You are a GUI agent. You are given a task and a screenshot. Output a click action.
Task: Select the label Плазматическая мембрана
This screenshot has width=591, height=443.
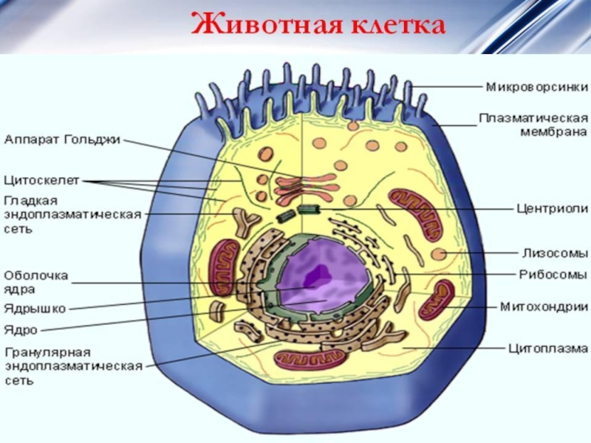click(x=533, y=125)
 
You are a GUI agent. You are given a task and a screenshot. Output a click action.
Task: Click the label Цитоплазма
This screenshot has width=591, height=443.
click(x=547, y=346)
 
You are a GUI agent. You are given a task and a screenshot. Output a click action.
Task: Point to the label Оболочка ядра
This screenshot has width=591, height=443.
click(x=37, y=281)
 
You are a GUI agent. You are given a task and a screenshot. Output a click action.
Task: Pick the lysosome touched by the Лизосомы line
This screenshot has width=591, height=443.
click(x=439, y=255)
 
